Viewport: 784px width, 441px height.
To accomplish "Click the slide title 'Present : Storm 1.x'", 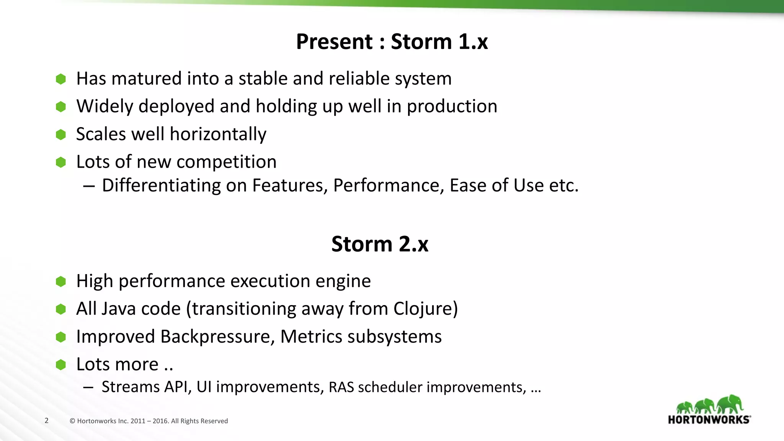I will [392, 41].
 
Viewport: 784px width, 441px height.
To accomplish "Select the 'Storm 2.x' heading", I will [380, 244].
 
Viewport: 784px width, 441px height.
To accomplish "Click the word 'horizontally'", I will [218, 134].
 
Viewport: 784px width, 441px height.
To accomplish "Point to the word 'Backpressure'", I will [217, 337].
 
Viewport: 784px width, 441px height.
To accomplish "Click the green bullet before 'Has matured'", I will [61, 79].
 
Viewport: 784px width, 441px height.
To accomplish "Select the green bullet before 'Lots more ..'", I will [61, 365].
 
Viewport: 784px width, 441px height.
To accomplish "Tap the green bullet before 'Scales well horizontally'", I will [61, 135].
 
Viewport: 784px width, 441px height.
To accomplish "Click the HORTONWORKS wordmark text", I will [709, 420].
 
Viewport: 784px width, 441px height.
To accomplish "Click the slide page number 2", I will [47, 420].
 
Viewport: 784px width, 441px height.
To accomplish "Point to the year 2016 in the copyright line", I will [160, 421].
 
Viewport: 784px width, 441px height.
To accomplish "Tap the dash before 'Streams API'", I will [88, 387].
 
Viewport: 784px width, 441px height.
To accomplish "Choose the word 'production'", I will [452, 106].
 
